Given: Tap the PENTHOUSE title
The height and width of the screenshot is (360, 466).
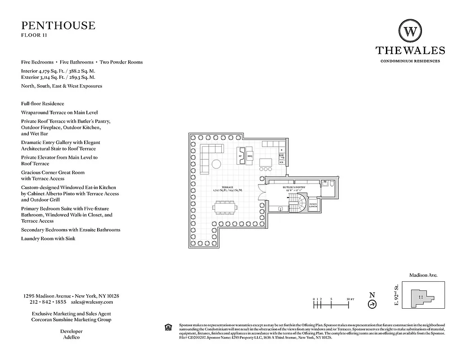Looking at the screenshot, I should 58,25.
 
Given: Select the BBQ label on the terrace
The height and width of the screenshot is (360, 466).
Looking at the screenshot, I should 250,156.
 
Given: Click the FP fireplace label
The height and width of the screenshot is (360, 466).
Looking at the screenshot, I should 241,156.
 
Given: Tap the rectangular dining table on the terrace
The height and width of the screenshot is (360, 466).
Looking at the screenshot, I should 225,208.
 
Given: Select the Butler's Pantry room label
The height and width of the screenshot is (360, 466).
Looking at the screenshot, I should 294,187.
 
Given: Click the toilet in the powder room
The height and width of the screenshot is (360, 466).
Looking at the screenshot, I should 331,184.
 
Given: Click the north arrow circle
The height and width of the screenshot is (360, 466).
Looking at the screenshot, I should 372,305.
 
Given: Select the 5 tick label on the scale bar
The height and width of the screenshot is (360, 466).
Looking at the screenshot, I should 331,299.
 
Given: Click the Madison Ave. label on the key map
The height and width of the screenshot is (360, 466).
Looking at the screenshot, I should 423,275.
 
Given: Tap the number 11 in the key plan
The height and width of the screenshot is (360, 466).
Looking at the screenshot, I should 421,297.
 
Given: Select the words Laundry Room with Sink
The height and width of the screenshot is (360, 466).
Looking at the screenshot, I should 48,238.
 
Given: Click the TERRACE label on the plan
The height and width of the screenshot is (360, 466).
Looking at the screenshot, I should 227,187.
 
